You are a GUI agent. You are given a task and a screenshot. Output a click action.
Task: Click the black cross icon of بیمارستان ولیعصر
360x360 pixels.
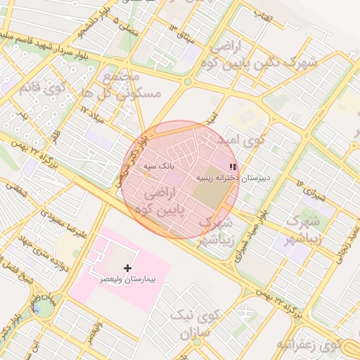(x=127, y=268)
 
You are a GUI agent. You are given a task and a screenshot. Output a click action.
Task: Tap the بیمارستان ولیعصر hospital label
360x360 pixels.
(x=127, y=281)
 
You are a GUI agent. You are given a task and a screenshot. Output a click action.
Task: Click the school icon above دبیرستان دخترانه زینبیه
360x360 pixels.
(x=233, y=167)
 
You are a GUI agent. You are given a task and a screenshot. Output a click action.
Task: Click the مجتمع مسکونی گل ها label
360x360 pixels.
(x=131, y=84)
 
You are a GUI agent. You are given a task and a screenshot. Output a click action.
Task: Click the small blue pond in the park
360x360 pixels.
(x=37, y=307)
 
